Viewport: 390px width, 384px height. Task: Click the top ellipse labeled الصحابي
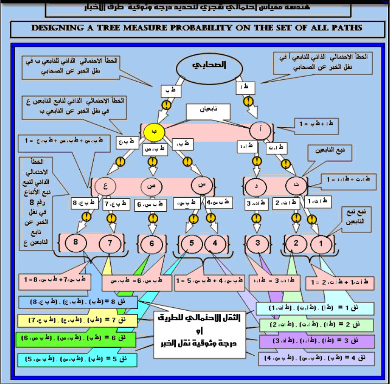click(x=215, y=65)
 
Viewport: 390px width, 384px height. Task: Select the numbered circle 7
click(x=110, y=242)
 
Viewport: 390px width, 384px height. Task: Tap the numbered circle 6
click(x=151, y=243)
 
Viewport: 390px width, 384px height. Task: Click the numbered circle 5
click(x=190, y=243)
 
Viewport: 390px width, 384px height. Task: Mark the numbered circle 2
click(x=295, y=243)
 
